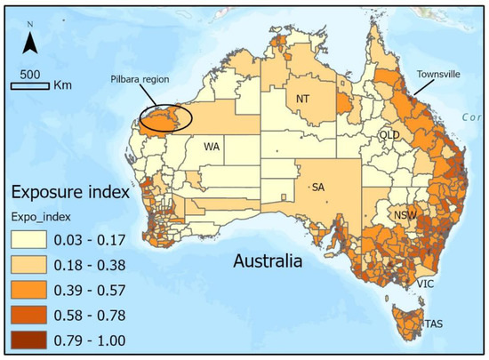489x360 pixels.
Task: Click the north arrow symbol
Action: (x=29, y=39)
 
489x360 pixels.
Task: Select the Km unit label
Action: (x=62, y=86)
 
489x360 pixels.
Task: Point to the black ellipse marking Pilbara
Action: (x=161, y=116)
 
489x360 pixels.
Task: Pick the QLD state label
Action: (x=389, y=134)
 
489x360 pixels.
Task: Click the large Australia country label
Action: (x=267, y=262)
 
